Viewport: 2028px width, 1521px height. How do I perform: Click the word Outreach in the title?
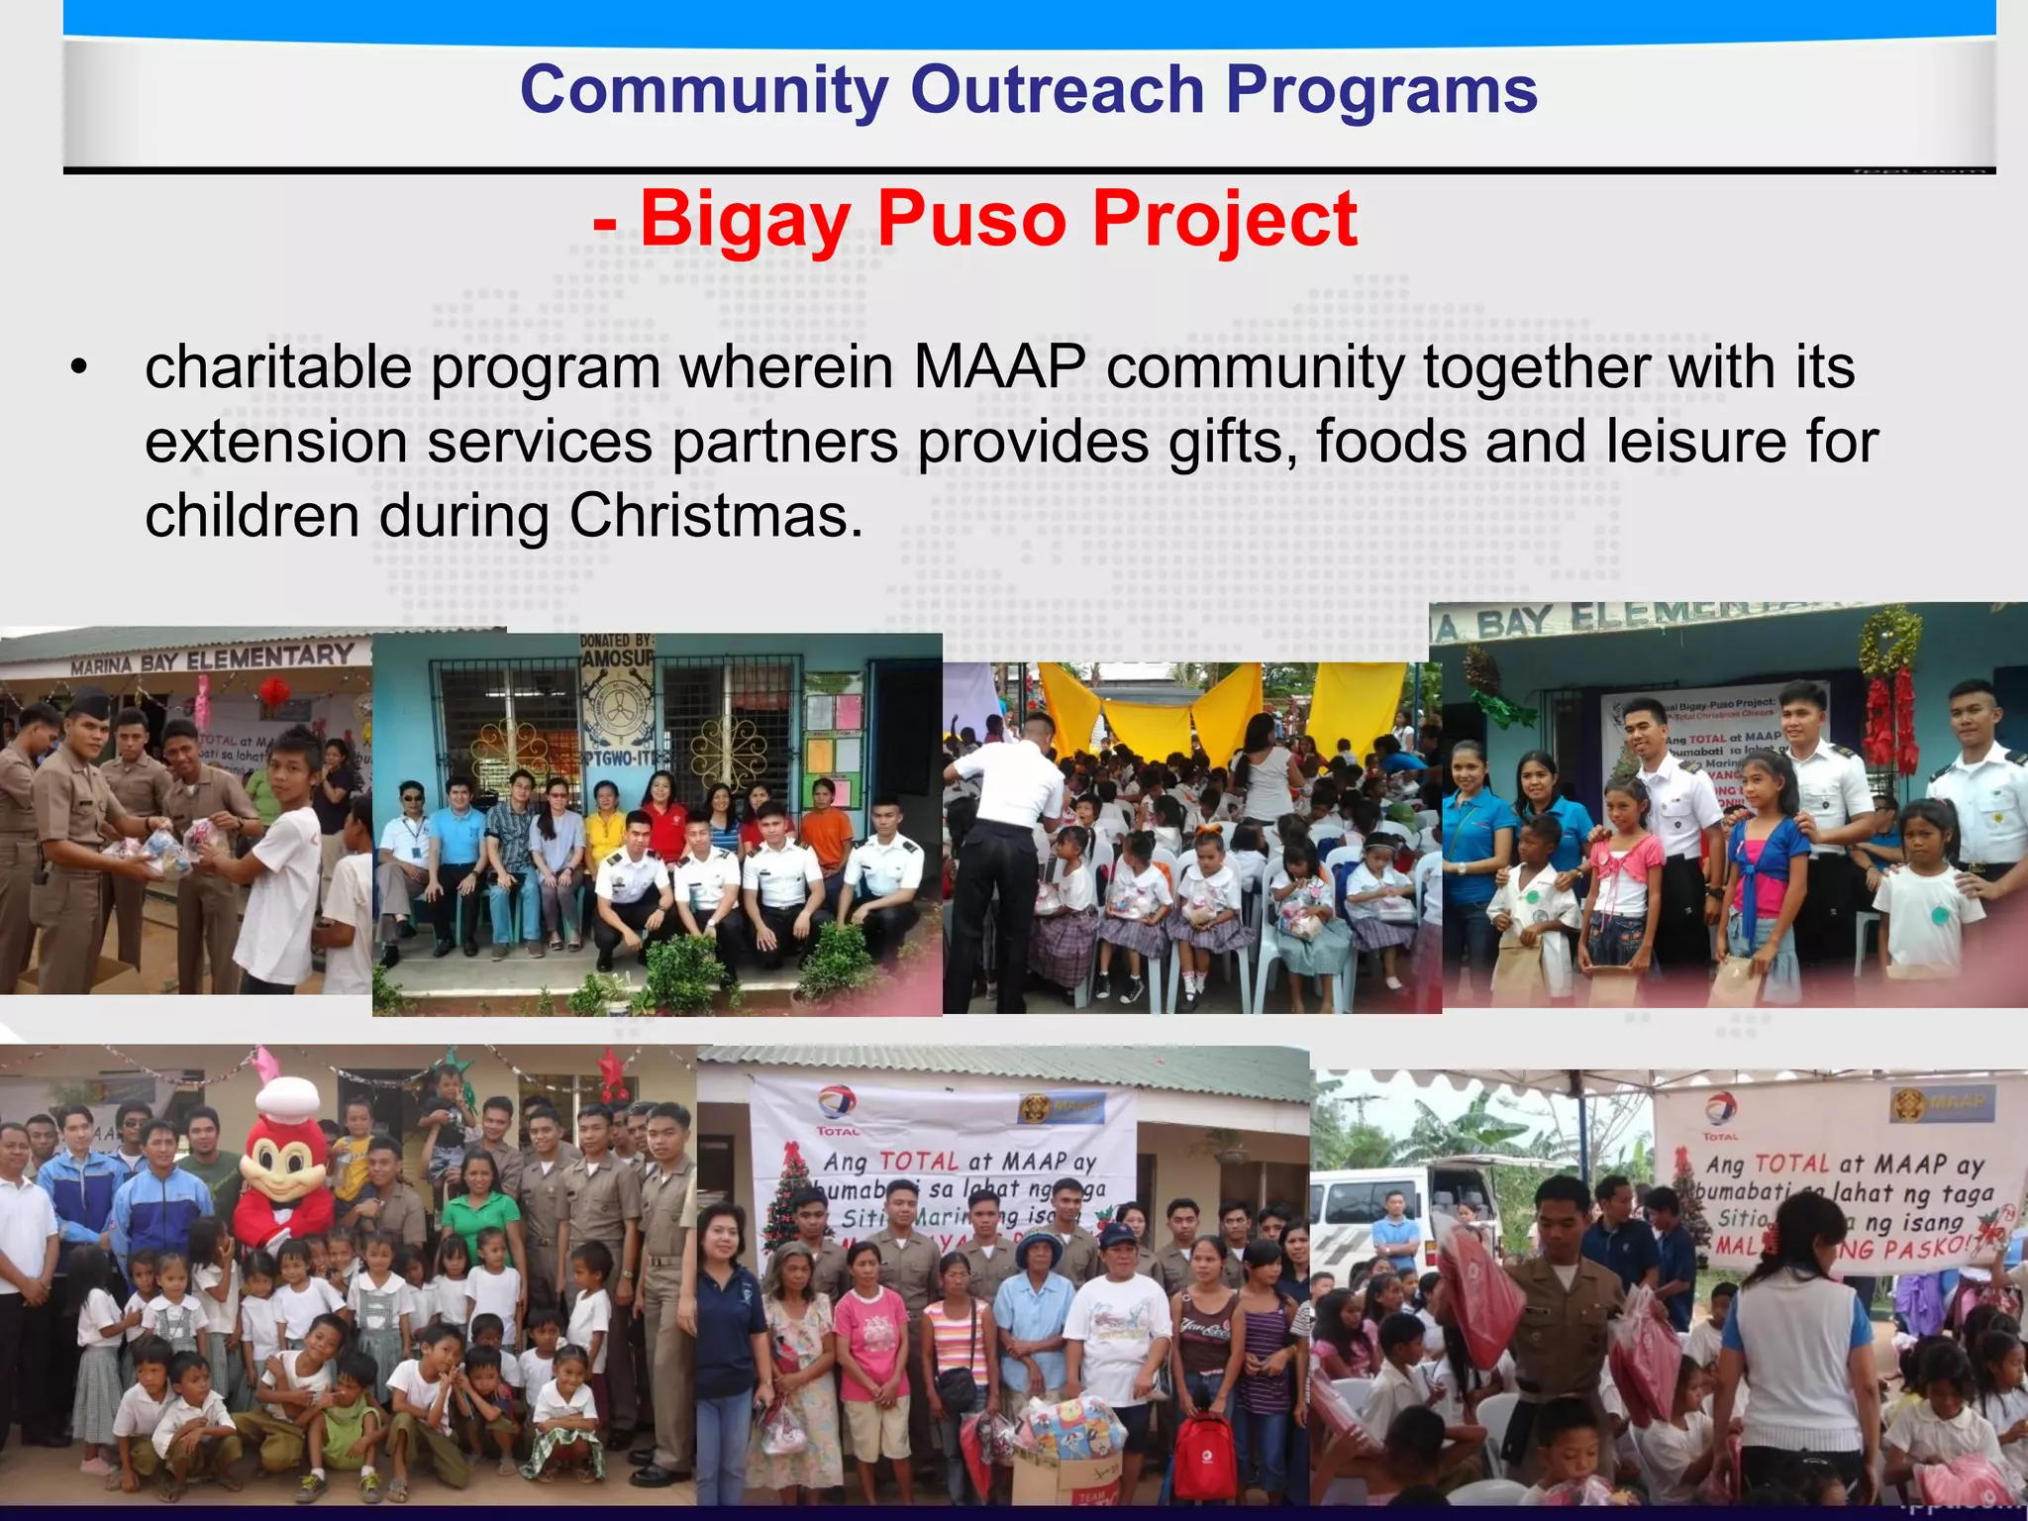[1057, 91]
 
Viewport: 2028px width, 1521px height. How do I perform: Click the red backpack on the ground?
[1203, 1456]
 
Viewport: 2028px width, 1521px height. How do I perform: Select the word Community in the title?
[704, 91]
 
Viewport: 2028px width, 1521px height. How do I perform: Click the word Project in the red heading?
[1224, 219]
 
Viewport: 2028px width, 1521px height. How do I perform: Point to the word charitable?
[278, 367]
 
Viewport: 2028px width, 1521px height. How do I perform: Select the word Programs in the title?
[1381, 91]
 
